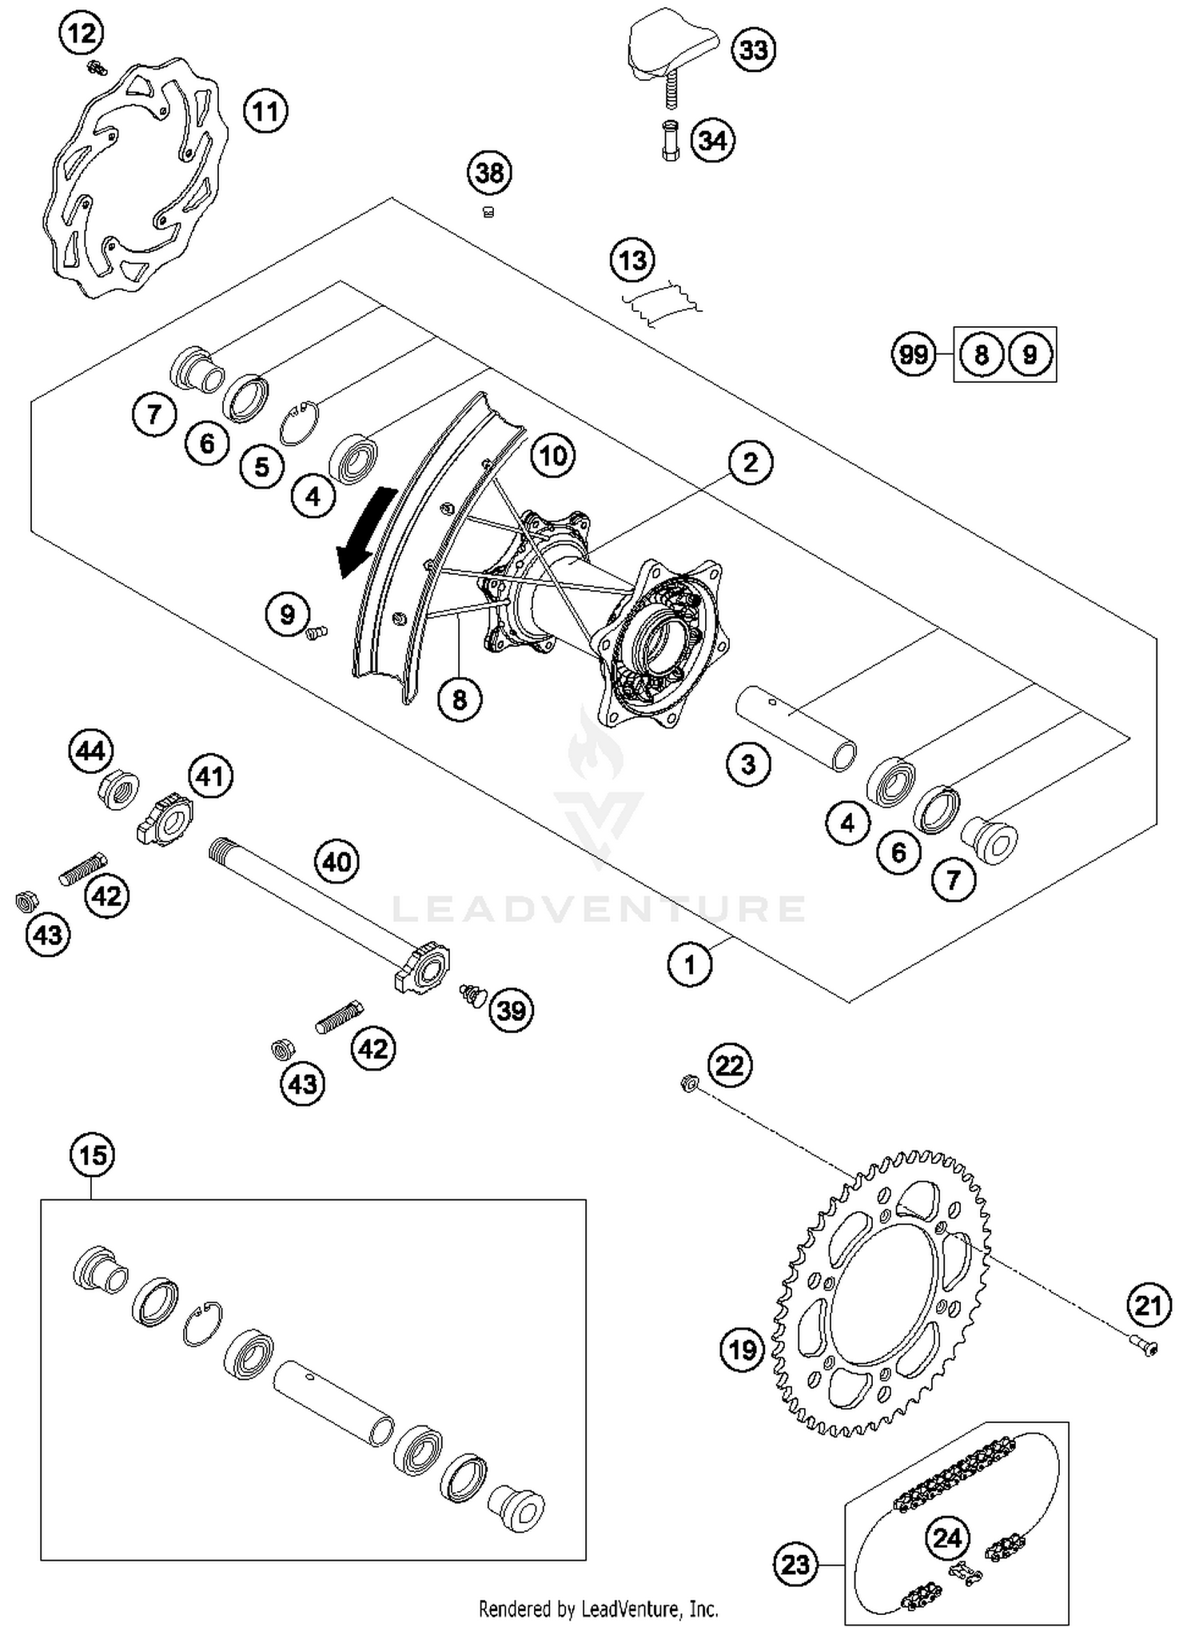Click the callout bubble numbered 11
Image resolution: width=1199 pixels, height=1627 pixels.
[x=265, y=110]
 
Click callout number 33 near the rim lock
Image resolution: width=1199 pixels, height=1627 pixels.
[x=753, y=50]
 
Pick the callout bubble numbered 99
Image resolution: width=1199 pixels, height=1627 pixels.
[x=914, y=354]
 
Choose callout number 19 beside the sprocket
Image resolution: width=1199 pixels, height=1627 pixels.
[x=742, y=1350]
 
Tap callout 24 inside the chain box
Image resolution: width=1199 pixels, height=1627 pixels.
[x=948, y=1537]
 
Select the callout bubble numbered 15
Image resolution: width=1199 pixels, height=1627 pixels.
[x=93, y=1155]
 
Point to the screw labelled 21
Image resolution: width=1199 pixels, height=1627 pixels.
[x=1145, y=1349]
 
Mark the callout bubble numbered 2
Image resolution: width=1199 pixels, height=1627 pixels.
[x=750, y=462]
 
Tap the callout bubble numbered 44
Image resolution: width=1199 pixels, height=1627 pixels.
[x=91, y=751]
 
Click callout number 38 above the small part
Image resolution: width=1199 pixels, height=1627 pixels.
[x=490, y=173]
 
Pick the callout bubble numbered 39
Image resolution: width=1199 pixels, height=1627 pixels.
[x=511, y=1010]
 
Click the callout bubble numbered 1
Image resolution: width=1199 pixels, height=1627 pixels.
[x=690, y=965]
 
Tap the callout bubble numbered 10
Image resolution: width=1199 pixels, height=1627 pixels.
[x=553, y=456]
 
